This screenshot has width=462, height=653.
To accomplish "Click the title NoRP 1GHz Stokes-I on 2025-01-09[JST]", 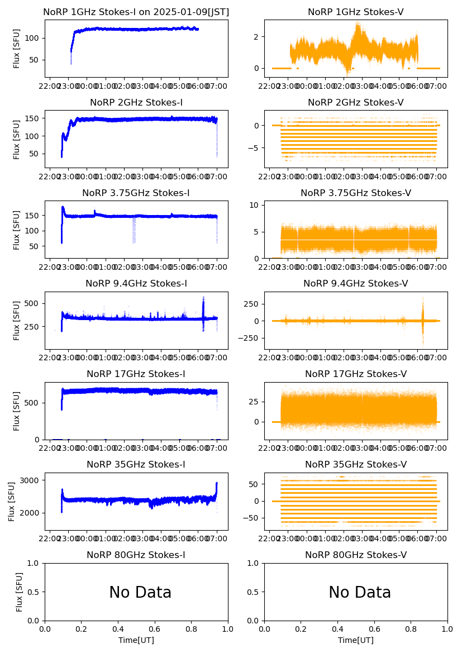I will [x=136, y=12].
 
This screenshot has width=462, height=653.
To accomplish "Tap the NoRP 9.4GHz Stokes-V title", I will [x=356, y=284].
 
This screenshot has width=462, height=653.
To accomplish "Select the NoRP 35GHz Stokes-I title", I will [x=136, y=465].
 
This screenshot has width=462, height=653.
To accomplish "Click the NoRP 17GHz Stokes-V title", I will [x=356, y=374].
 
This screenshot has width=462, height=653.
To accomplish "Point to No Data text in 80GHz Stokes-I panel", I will [x=140, y=593].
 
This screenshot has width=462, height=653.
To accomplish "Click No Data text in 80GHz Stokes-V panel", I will [x=360, y=593].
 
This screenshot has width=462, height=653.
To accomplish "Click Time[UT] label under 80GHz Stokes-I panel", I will [x=136, y=640].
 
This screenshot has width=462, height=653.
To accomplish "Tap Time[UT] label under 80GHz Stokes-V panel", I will [x=356, y=640].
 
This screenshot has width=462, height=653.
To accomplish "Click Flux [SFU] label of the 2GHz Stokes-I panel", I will [x=17, y=139].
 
